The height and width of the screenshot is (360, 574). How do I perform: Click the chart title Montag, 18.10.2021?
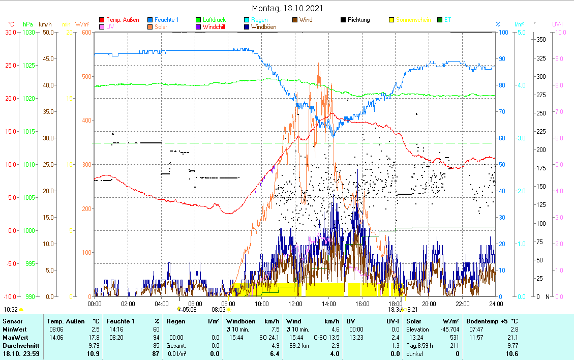[287, 9]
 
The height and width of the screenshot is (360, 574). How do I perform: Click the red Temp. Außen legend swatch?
[102, 20]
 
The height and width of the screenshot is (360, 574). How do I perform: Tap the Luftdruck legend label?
[214, 20]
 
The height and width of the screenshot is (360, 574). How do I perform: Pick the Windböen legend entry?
[263, 27]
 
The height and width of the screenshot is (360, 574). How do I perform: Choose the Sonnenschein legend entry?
[413, 20]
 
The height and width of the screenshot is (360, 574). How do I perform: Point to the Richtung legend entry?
[358, 20]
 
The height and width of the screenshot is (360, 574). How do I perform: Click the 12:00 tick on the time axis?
[295, 304]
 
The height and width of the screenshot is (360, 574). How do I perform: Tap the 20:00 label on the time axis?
[429, 304]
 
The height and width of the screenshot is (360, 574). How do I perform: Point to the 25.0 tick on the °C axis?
[10, 66]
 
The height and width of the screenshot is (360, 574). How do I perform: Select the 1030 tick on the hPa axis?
[28, 33]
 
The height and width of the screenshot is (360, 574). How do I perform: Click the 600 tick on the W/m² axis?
[86, 33]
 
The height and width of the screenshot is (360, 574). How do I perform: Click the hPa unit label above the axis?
[28, 24]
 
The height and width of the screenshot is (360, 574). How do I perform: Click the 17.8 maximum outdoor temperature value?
[95, 337]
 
